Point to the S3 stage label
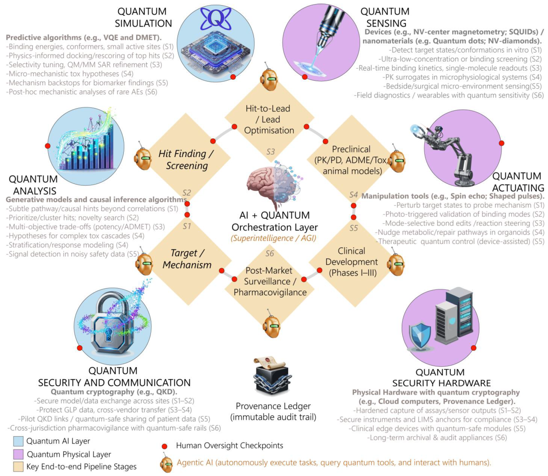coord(270,152)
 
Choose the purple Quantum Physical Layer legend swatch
coord(18,454)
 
